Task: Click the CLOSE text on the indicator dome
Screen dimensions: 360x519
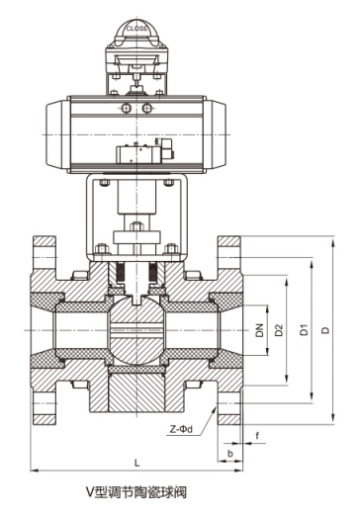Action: pos(136,29)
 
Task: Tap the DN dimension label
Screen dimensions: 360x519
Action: pos(260,330)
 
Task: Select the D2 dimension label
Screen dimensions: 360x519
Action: pos(280,330)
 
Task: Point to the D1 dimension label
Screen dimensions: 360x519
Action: pos(304,330)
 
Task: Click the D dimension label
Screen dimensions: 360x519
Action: pos(326,330)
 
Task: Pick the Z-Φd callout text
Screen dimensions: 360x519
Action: pos(181,429)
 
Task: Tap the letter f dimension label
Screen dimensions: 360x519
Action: pos(257,436)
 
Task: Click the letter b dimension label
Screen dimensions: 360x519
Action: pos(230,454)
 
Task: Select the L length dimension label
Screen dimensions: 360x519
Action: pos(137,463)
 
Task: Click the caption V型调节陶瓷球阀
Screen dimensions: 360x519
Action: pos(136,492)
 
